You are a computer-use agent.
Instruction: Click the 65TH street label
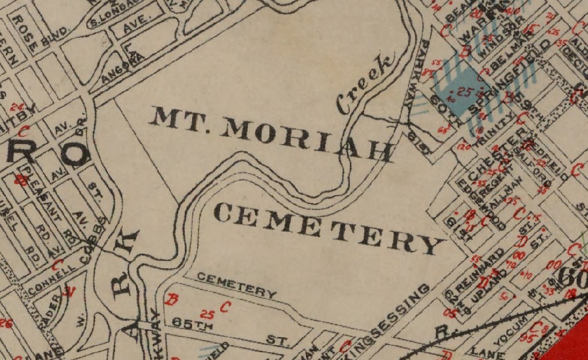tap(193, 323)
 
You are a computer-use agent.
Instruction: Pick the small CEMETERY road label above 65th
tap(236, 284)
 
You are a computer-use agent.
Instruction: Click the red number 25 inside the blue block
tap(463, 92)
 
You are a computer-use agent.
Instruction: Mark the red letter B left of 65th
tap(173, 299)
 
